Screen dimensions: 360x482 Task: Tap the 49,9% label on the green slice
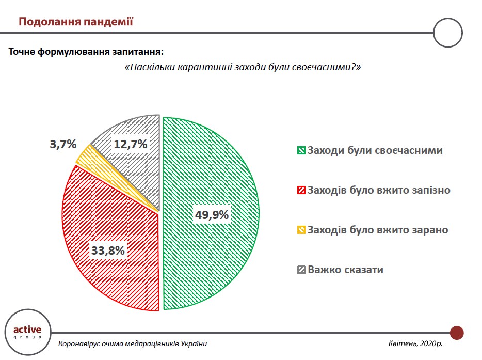212,215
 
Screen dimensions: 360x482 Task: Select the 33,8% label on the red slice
108,252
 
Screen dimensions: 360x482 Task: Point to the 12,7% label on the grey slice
131,144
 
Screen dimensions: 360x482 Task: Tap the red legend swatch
301,191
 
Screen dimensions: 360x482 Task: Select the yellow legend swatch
301,230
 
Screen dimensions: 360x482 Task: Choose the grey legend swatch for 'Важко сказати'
301,270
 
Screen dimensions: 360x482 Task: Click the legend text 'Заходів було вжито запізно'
379,190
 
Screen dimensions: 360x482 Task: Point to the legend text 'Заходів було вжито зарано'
378,230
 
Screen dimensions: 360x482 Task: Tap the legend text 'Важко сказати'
345,270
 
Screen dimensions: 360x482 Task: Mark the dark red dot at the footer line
457,333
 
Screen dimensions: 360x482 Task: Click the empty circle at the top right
448,33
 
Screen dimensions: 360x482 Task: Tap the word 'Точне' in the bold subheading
22,52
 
